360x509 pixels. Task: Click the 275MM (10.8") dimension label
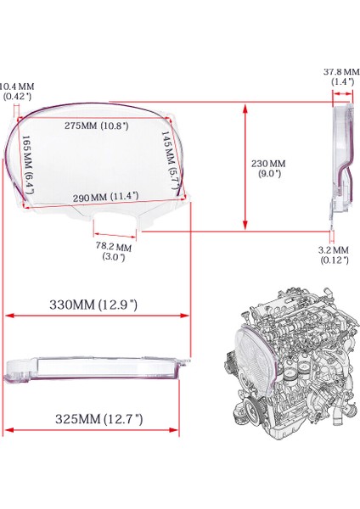click(98, 126)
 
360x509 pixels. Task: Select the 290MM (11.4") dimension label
click(107, 196)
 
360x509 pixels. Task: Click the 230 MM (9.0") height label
click(271, 168)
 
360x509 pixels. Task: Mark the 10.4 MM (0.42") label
click(17, 91)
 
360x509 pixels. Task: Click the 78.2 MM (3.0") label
click(112, 252)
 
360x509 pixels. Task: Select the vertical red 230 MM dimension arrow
click(245, 167)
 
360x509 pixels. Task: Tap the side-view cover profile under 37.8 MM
click(340, 161)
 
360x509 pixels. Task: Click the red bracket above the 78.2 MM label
click(112, 235)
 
